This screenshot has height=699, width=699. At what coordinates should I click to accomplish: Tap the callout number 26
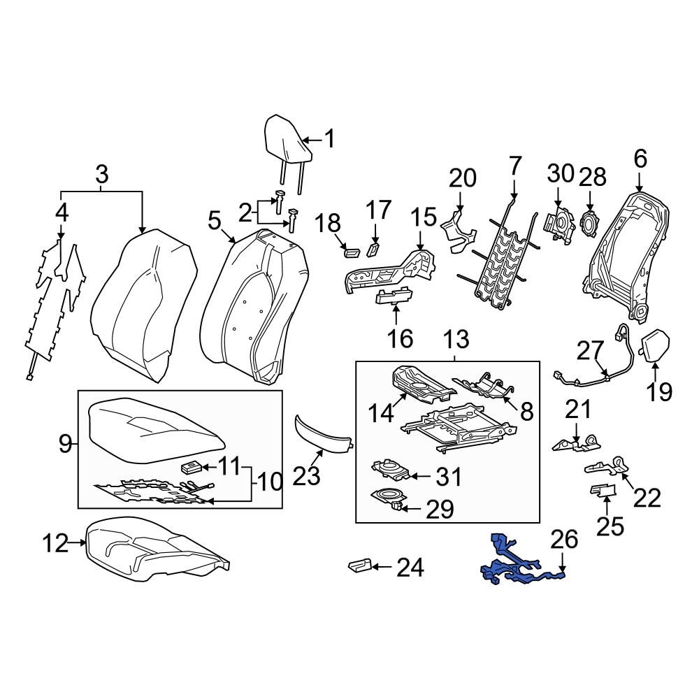coord(565,539)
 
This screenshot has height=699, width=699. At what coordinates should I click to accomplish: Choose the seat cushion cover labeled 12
coord(154,549)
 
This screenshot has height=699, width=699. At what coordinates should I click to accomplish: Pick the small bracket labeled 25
coord(603,491)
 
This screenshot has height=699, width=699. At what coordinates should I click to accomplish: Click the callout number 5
coord(215,223)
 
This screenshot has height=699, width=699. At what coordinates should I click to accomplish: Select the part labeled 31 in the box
coord(388,470)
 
